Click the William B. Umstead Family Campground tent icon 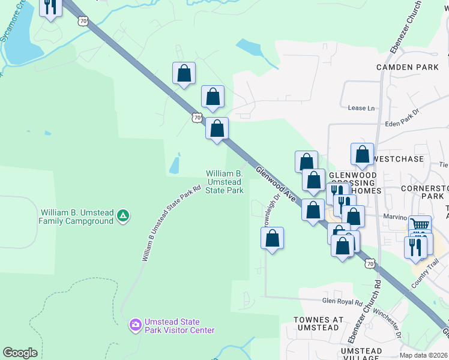[x=123, y=215]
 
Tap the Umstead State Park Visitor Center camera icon [x=135, y=325]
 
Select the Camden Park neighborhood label [x=408, y=67]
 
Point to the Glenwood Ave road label [x=276, y=183]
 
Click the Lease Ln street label [x=361, y=108]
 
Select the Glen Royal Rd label [x=342, y=302]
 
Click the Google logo [x=20, y=353]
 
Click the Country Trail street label [x=426, y=271]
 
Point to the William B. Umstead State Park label [x=224, y=181]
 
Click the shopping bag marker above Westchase [x=362, y=154]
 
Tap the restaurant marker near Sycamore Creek [x=50, y=7]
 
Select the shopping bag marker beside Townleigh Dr [x=273, y=238]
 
